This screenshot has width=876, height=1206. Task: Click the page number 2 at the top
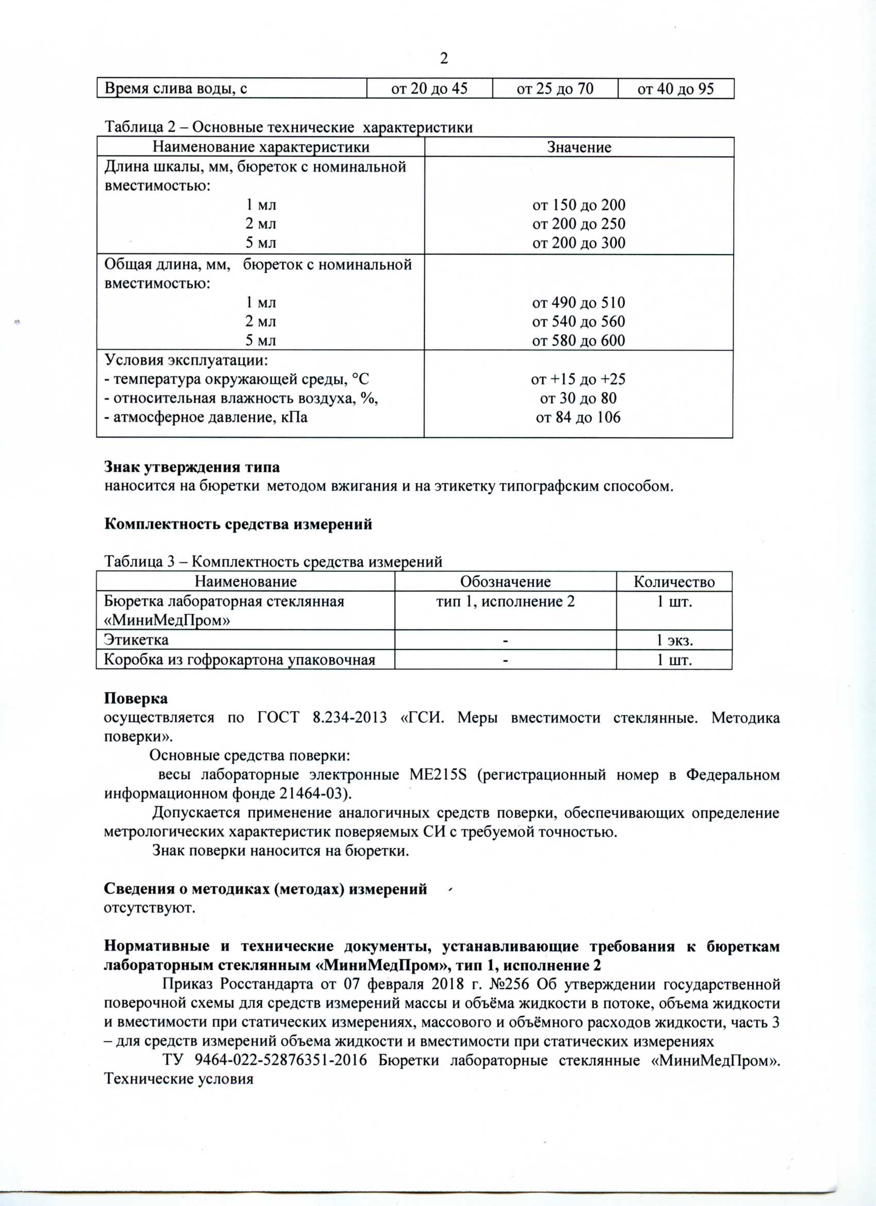pyautogui.click(x=444, y=58)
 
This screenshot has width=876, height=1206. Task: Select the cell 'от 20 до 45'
pyautogui.click(x=429, y=89)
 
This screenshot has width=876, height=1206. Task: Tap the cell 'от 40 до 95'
pyautogui.click(x=675, y=89)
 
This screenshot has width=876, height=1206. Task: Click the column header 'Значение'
pyautogui.click(x=579, y=147)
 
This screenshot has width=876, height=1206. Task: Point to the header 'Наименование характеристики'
pyautogui.click(x=260, y=147)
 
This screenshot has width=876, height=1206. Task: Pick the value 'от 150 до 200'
pyautogui.click(x=578, y=205)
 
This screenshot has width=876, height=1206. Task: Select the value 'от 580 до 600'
pyautogui.click(x=578, y=340)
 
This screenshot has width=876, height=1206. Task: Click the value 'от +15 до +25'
pyautogui.click(x=578, y=379)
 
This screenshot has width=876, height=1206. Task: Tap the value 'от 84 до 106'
pyautogui.click(x=578, y=418)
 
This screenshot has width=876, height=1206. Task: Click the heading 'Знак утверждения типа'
pyautogui.click(x=192, y=468)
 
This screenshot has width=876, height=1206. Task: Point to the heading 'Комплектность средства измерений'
pyautogui.click(x=238, y=524)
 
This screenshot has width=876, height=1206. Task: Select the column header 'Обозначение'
pyautogui.click(x=505, y=582)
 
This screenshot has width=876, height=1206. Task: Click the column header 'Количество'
pyautogui.click(x=674, y=582)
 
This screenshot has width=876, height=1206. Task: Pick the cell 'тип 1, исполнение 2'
pyautogui.click(x=505, y=601)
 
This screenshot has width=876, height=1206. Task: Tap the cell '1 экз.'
pyautogui.click(x=674, y=640)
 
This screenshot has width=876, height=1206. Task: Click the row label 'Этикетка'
pyautogui.click(x=136, y=640)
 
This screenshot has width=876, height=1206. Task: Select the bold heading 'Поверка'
pyautogui.click(x=136, y=698)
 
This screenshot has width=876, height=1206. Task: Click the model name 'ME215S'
pyautogui.click(x=437, y=775)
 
